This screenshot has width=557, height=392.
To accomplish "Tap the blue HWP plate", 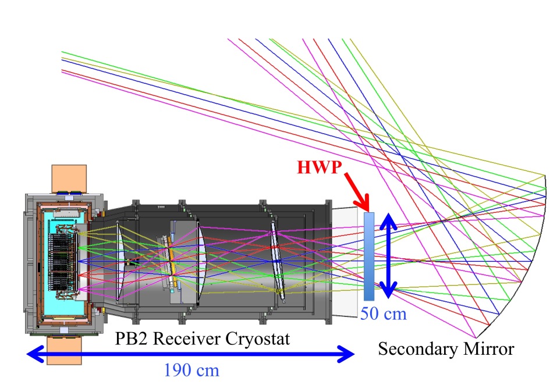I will pos(368,256).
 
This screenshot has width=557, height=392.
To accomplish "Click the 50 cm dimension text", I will pos(384,315).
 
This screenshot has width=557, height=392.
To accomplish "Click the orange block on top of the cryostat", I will pos(69,178).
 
